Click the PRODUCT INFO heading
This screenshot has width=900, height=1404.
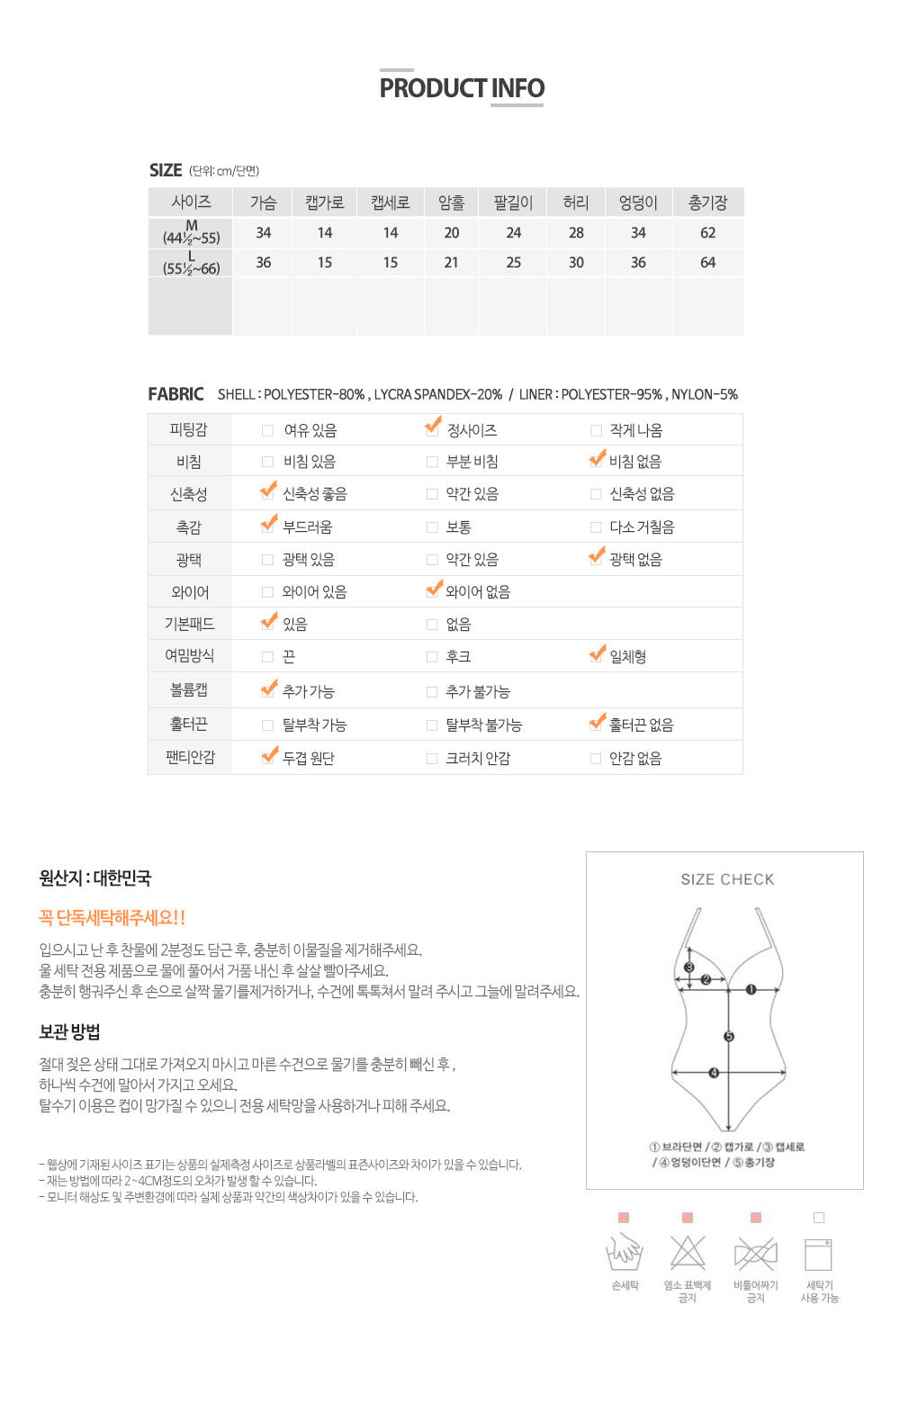click(462, 88)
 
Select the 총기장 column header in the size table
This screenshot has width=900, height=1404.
click(707, 202)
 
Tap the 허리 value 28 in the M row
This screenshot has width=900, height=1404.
click(576, 233)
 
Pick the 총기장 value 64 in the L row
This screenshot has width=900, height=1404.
click(707, 263)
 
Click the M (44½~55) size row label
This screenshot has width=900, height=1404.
click(191, 232)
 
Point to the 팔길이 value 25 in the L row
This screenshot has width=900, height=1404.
click(513, 263)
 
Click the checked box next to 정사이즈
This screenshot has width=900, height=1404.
click(433, 428)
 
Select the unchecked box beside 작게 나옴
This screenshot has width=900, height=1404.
click(596, 431)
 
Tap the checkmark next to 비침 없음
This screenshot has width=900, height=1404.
click(597, 460)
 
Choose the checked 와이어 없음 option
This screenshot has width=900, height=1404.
click(433, 590)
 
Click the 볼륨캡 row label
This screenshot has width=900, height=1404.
click(189, 690)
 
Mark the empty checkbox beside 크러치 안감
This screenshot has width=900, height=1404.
click(432, 759)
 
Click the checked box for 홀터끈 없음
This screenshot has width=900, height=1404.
click(597, 724)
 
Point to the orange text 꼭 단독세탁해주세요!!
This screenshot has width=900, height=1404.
click(112, 918)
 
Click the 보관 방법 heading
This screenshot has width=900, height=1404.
click(69, 1032)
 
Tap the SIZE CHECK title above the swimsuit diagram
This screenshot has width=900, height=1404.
click(727, 879)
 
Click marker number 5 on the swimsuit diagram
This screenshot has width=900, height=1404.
click(729, 1037)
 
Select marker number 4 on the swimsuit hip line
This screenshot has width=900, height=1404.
click(714, 1073)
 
